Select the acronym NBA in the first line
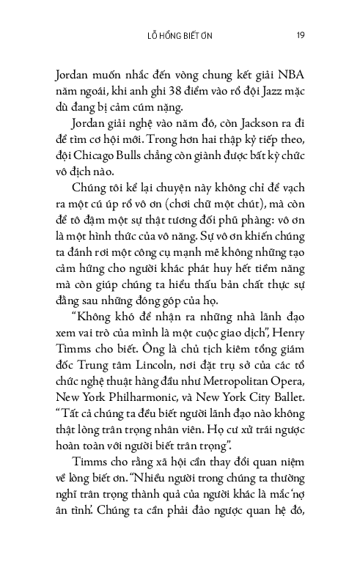point(292,75)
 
